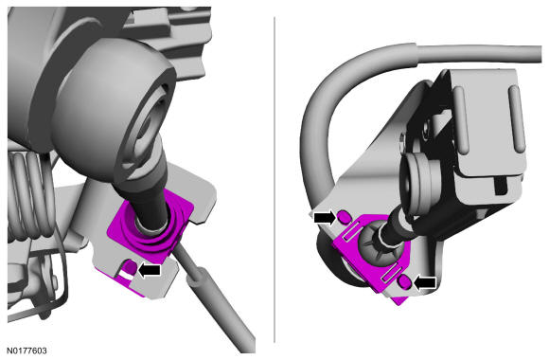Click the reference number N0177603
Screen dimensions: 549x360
pyautogui.click(x=27, y=351)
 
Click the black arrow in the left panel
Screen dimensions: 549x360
pyautogui.click(x=150, y=270)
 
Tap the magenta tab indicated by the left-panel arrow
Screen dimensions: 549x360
pyautogui.click(x=131, y=267)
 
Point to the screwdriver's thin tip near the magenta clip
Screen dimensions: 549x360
pyautogui.click(x=178, y=247)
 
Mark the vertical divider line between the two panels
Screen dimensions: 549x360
pyautogui.click(x=274, y=179)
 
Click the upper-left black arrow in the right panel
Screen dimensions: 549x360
pyautogui.click(x=325, y=218)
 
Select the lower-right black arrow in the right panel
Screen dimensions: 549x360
pyautogui.click(x=425, y=282)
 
